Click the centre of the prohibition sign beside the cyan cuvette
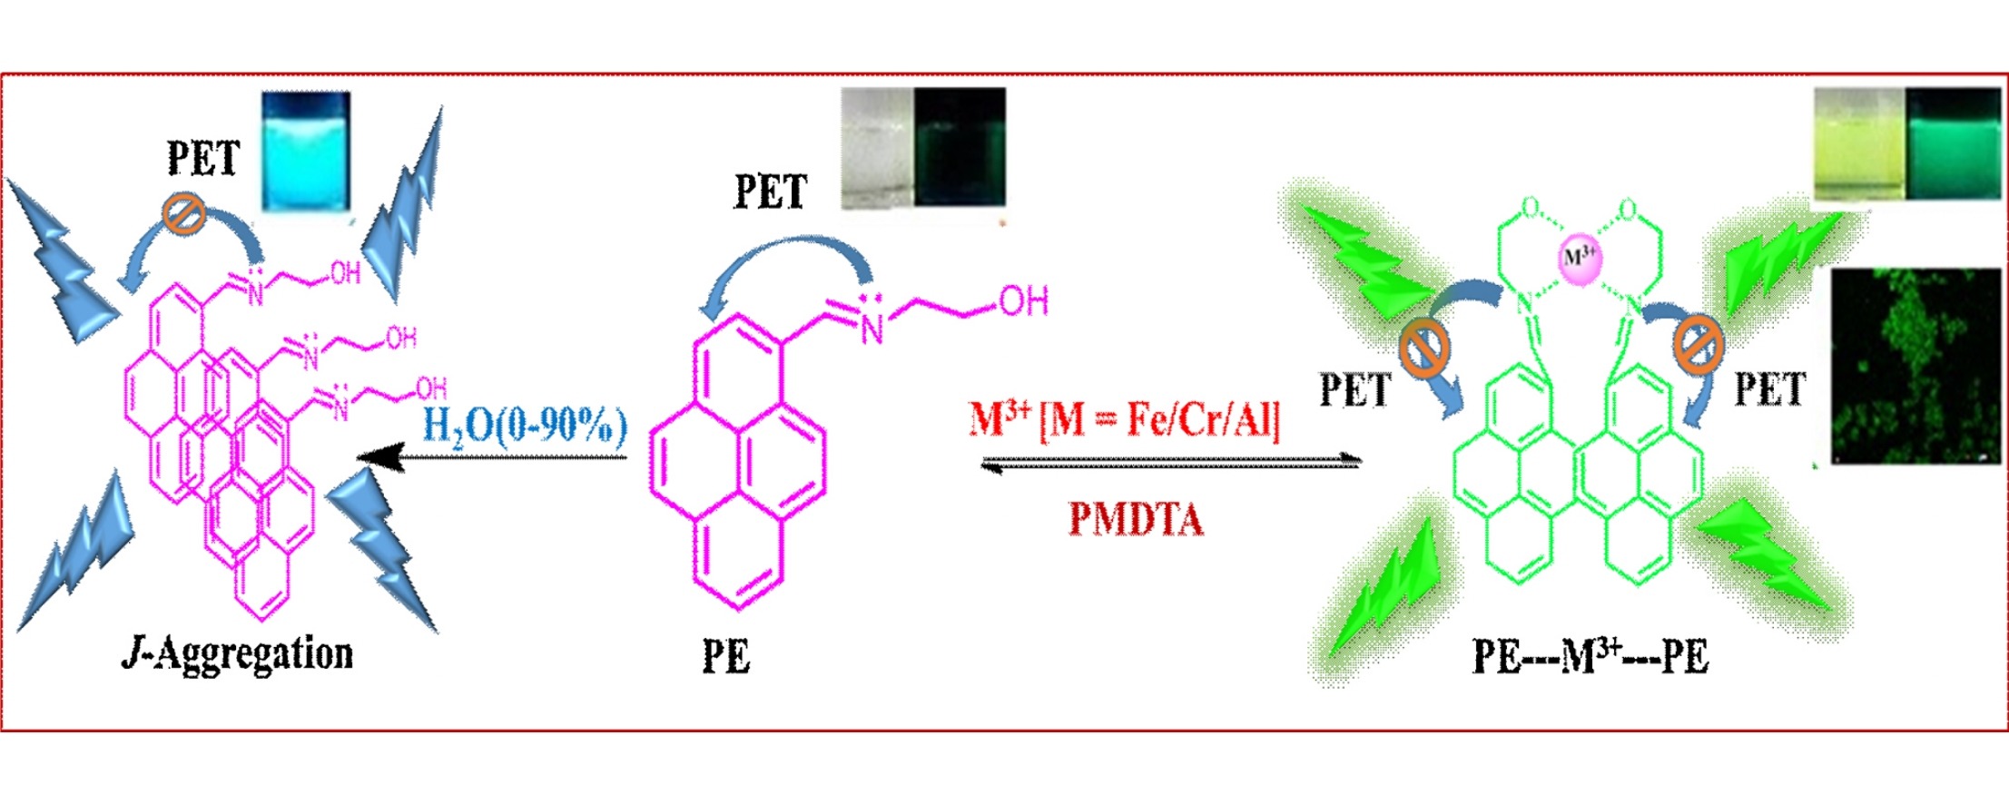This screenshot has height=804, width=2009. [184, 215]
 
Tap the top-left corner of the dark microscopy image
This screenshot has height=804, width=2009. [1832, 269]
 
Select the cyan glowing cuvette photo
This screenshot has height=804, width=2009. [306, 152]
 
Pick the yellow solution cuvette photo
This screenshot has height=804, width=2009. [1858, 143]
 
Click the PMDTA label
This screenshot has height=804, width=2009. [1136, 519]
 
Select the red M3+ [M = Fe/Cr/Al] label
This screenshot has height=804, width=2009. [1125, 419]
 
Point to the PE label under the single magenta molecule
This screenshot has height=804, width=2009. [726, 657]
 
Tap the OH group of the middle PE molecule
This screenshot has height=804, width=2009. [1024, 300]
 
